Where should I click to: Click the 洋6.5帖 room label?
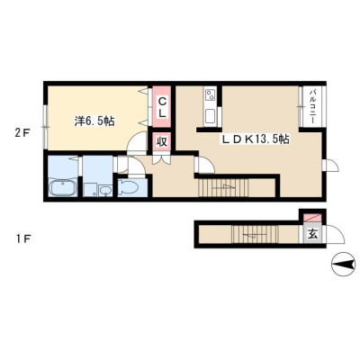[x=94, y=121]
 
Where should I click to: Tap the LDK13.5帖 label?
[x=256, y=139]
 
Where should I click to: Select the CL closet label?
[x=162, y=108]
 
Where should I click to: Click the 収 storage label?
[x=162, y=141]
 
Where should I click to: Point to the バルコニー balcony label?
[x=312, y=106]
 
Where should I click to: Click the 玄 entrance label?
[x=313, y=234]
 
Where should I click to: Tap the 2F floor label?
[x=22, y=132]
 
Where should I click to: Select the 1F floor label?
[x=22, y=239]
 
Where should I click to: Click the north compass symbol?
[x=343, y=265]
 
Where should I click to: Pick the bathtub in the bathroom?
[x=63, y=188]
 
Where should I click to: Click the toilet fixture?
[x=128, y=187]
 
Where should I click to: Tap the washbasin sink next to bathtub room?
[x=105, y=190]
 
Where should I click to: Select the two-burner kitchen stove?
[x=210, y=95]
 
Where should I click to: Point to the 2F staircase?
[x=223, y=187]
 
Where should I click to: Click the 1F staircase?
[x=255, y=234]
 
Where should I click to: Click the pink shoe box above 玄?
[x=312, y=218]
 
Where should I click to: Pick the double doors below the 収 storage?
[x=162, y=159]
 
